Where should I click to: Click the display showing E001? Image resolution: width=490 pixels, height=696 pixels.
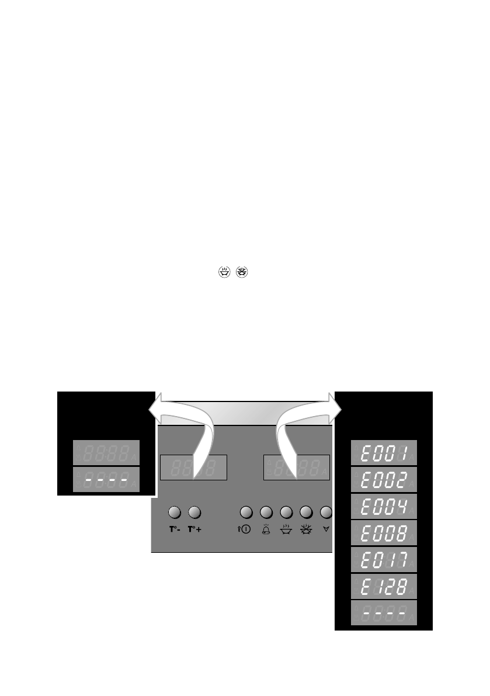point(384,452)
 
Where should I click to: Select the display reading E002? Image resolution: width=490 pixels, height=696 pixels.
point(384,479)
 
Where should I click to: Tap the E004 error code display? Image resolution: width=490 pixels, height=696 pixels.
point(384,506)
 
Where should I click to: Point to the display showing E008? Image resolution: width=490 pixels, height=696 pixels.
point(384,533)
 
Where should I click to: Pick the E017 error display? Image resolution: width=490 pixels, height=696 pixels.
point(384,560)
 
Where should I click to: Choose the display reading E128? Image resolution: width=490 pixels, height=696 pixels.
point(384,586)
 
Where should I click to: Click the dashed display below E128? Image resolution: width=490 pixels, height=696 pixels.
point(384,613)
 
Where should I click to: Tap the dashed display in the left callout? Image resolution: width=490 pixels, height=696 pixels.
point(106,480)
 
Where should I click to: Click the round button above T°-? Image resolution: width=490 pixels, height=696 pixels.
point(174,513)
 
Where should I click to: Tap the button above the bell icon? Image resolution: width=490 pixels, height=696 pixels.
point(266,513)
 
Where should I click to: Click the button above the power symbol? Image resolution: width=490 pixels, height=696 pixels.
point(246,513)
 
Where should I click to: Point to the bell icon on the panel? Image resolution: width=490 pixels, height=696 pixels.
point(266,532)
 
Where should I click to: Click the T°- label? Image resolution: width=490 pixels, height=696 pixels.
point(175,532)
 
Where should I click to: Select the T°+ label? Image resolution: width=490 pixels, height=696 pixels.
point(194,532)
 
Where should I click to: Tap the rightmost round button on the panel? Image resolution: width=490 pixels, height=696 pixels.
point(326,513)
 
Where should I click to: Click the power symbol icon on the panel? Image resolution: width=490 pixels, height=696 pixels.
point(245,532)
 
